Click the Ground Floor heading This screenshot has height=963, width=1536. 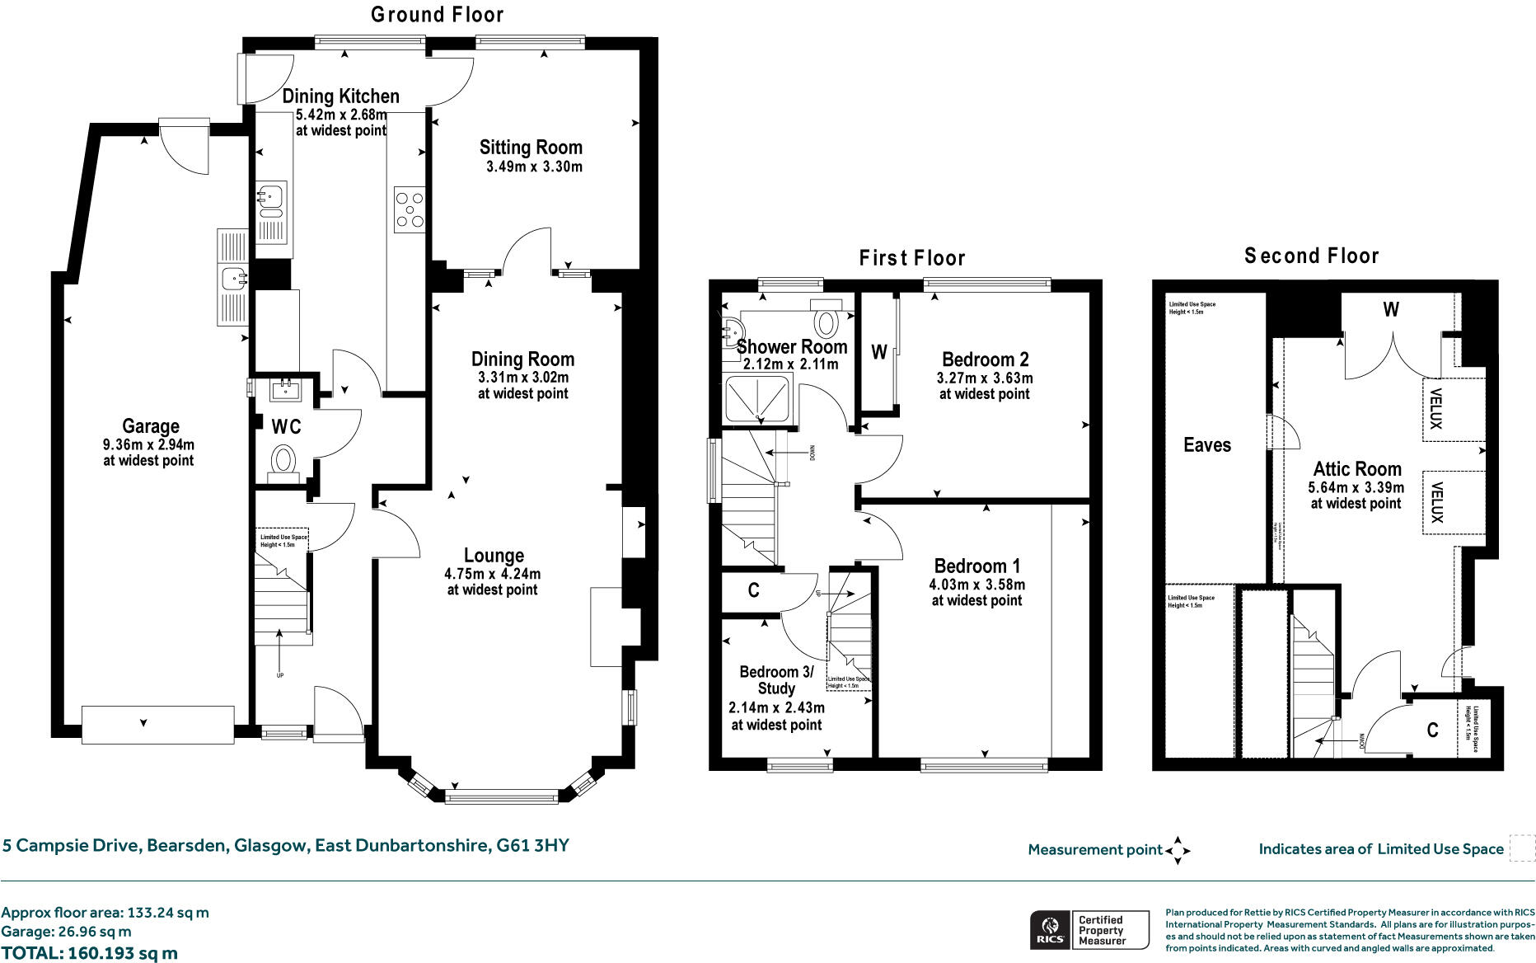(437, 15)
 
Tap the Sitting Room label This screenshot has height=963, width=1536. (531, 148)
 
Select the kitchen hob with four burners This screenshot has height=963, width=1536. (410, 209)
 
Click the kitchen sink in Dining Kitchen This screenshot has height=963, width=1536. (270, 198)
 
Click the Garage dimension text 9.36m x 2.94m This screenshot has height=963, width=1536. (148, 444)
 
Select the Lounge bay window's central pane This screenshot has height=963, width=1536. (501, 796)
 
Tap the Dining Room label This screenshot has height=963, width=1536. (522, 359)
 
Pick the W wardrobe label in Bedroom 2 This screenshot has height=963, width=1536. (878, 353)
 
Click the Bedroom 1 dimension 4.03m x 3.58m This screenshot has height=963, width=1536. (976, 585)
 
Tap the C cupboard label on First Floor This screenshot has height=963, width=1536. (753, 590)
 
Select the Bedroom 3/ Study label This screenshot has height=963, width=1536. (775, 680)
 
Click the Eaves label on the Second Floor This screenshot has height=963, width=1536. (1206, 445)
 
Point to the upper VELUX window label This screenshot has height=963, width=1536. (1435, 409)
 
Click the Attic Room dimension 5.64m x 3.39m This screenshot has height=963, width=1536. (1356, 487)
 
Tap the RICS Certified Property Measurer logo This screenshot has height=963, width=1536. (1089, 930)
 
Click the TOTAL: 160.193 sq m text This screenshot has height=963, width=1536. (89, 953)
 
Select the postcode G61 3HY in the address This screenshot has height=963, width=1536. (532, 845)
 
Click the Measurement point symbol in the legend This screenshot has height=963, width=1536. (1178, 850)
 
